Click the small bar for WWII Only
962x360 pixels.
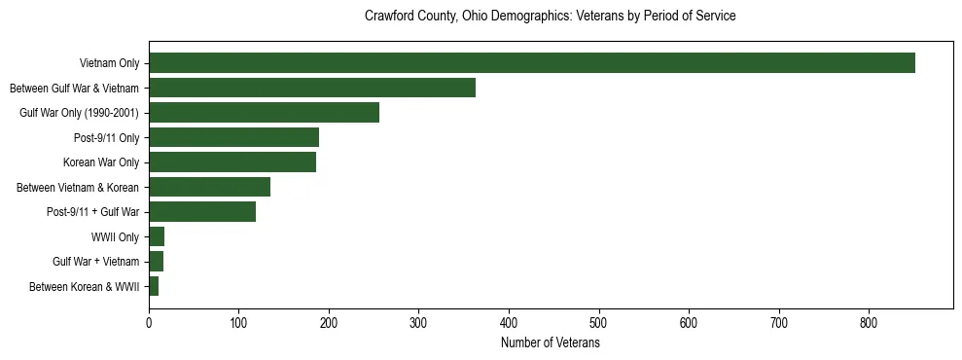(157, 236)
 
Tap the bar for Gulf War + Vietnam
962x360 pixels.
(156, 262)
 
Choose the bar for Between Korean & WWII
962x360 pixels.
(154, 286)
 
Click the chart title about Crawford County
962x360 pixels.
(550, 17)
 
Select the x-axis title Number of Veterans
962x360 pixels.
(550, 343)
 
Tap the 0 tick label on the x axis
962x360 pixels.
(149, 322)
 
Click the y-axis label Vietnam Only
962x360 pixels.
(109, 63)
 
